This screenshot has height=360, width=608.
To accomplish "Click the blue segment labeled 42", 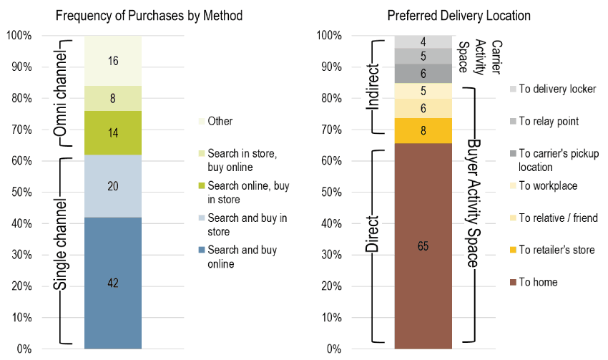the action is pos(113,283).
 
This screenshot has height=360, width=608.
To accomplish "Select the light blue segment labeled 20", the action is pos(113,186).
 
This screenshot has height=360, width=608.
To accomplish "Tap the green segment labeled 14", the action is pos(113,132).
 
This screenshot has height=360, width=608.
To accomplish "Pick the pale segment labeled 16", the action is pos(113,61).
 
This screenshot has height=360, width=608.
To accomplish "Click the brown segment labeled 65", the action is pos(423,246).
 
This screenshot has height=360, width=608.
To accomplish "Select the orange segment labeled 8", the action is pos(423,131).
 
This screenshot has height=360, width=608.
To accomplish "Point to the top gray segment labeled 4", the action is pos(423,42).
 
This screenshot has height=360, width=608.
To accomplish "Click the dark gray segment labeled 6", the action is pos(423,73).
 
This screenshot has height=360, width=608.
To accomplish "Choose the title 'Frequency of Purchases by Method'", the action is pos(149,16).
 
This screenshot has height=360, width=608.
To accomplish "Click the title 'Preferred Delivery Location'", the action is pos(459,16).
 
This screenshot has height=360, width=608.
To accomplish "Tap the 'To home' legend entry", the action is pos(534,282).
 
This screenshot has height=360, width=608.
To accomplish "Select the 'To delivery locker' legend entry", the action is pos(553,89).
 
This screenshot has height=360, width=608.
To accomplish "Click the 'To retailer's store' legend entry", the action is pos(552,250).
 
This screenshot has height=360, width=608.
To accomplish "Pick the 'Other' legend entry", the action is pos(215,121).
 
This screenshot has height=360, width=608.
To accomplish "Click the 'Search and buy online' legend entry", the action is pos(237,257).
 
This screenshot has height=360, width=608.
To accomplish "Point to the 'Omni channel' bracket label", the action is pos(60,94).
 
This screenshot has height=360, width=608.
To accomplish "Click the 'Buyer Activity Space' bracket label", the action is pos(473,203).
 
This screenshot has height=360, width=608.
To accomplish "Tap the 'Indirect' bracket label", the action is pos(373,87).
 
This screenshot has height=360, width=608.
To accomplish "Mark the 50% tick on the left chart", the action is pos(21,193).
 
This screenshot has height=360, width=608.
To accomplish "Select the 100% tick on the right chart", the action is pos(329,35).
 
